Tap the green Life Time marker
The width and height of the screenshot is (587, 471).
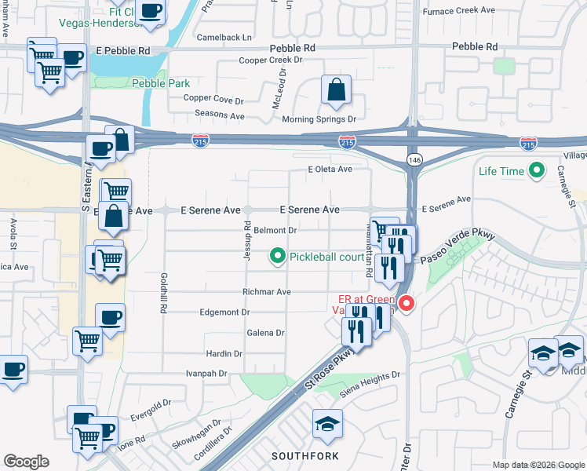538,170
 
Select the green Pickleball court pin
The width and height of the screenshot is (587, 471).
276,256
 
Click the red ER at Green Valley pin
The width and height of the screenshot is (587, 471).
406,304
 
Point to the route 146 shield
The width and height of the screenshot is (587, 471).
413,159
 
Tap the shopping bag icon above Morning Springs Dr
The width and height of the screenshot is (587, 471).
336,91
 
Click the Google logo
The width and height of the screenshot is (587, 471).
26,462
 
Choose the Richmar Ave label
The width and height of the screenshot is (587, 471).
267,292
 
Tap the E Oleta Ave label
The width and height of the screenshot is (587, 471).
330,169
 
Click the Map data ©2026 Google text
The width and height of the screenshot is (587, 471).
538,465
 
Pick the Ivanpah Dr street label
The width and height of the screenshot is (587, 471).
206,374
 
